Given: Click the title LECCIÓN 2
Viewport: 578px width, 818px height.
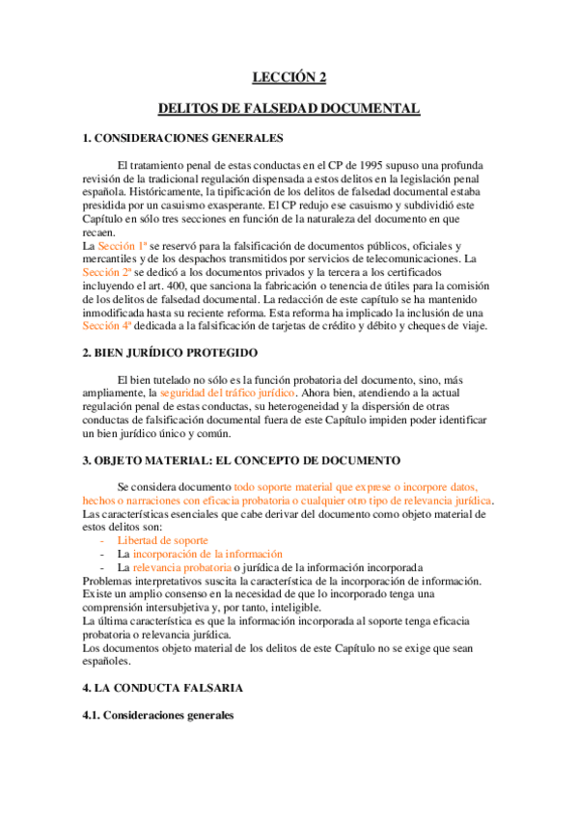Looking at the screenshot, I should (289, 78).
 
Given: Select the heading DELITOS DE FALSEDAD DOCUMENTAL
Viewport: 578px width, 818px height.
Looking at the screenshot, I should (289, 109).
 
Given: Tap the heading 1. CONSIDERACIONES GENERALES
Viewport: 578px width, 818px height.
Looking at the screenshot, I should (181, 139).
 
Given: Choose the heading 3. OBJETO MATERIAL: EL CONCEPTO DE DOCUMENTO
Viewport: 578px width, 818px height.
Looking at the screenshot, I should (231, 461).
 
